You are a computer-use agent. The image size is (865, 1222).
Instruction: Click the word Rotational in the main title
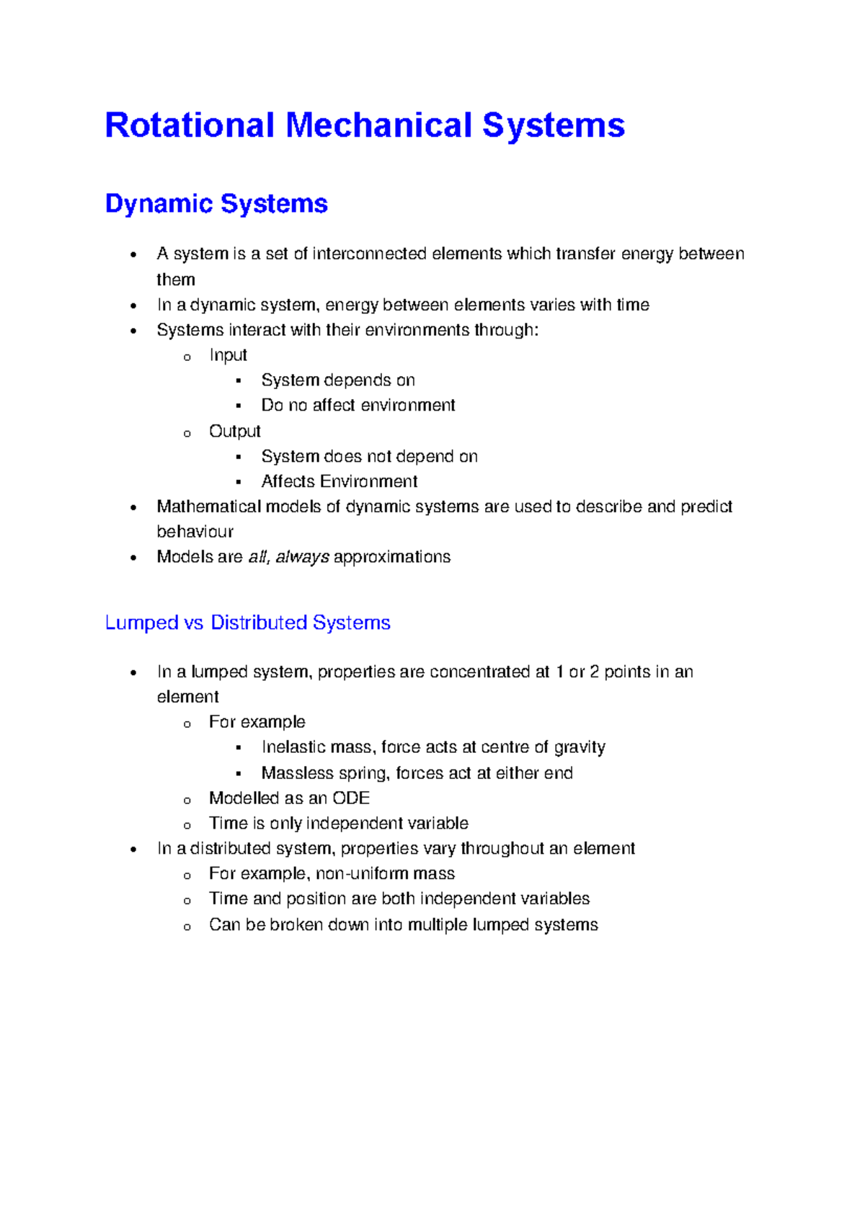coord(190,125)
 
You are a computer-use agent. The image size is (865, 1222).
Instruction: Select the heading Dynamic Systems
coord(216,204)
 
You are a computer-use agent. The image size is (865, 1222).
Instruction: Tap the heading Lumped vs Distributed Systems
coord(247,623)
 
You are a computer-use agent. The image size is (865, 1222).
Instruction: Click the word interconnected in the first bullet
coord(370,254)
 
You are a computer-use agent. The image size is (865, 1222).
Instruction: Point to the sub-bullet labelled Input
coord(228,355)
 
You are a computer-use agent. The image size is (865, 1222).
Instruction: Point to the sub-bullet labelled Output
coord(234,431)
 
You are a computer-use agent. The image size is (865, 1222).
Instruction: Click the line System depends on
coord(337,380)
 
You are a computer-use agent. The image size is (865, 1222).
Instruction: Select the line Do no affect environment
coord(358,406)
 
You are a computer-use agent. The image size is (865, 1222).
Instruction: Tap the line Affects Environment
coord(339,481)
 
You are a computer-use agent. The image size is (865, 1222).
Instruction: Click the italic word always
coord(302,557)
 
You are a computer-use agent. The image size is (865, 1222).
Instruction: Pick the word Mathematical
coord(209,507)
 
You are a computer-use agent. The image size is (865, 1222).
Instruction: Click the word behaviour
coord(195,532)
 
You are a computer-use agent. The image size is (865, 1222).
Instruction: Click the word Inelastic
coord(293,747)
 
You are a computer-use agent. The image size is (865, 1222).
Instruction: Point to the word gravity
coord(580,747)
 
